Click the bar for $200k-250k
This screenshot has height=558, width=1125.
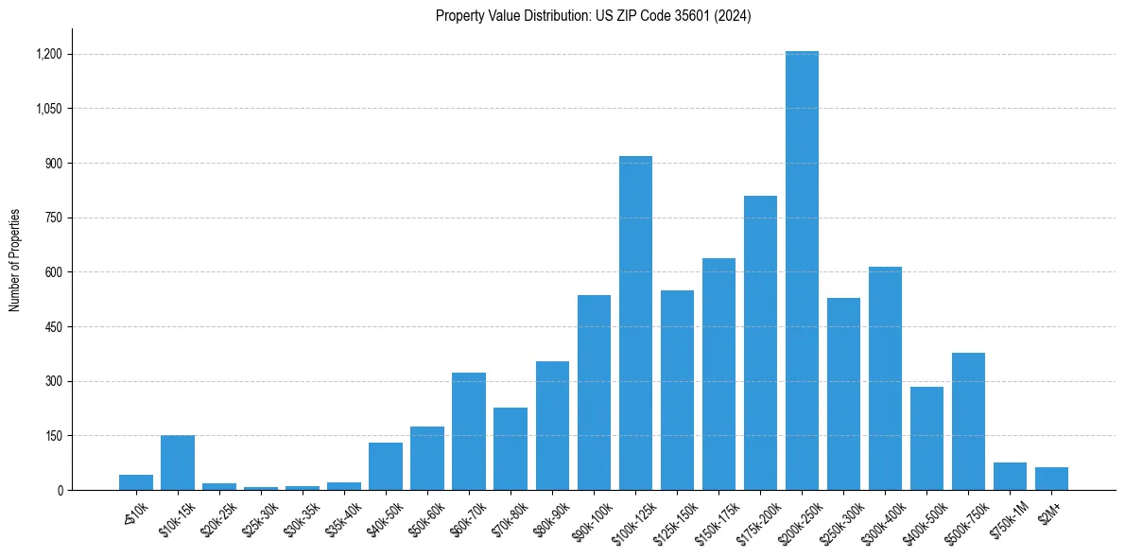tap(802, 270)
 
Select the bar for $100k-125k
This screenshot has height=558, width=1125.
tap(635, 323)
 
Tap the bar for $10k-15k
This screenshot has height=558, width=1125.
tap(178, 462)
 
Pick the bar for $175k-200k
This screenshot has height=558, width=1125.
tap(760, 343)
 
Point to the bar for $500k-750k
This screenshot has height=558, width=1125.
tap(968, 422)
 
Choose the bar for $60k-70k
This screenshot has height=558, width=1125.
tap(469, 431)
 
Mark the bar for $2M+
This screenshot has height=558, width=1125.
tap(1051, 479)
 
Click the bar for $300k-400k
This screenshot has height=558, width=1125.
tap(885, 378)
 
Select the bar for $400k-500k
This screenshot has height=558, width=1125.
tap(926, 439)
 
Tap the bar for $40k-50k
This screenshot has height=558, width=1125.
tap(386, 466)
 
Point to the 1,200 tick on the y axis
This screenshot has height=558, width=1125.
tap(48, 54)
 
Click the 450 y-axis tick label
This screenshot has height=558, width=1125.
tap(54, 327)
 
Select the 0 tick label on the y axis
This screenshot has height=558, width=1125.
tap(60, 491)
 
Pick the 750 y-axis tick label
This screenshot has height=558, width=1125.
tap(54, 218)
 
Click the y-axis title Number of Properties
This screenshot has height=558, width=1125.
tap(14, 260)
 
